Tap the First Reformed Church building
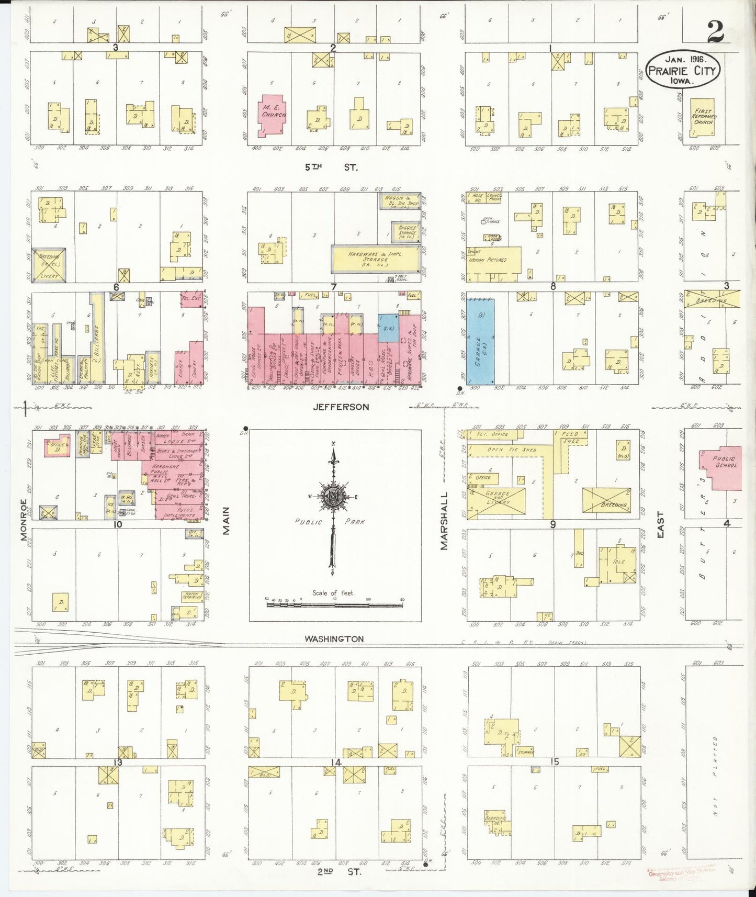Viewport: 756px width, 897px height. tap(702, 118)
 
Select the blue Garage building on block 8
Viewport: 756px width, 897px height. tap(480, 341)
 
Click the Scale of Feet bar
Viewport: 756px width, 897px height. tap(335, 604)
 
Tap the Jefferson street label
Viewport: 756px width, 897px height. tap(341, 407)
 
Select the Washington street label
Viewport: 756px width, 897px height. tap(334, 638)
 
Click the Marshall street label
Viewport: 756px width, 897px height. tap(444, 520)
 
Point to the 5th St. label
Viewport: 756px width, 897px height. tap(331, 167)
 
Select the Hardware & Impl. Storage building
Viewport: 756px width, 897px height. tap(375, 259)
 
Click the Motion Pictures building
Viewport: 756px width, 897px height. tap(494, 260)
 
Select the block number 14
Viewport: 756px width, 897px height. tap(335, 762)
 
